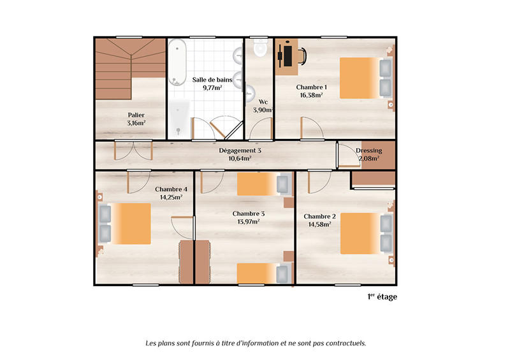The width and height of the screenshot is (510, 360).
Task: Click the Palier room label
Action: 136,115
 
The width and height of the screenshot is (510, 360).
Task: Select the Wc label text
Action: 263,101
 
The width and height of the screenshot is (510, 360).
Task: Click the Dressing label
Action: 368,150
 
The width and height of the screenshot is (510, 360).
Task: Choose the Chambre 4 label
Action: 171,189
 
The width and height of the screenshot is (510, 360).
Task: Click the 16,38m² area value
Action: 311,95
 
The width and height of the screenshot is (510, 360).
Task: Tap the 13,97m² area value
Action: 249,221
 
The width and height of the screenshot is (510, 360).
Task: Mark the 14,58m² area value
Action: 319,224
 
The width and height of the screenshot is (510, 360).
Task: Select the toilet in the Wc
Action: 260,48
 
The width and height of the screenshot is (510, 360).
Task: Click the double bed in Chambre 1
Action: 365,78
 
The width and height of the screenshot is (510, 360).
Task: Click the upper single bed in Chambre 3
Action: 263,185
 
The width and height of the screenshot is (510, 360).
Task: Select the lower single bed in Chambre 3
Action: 263,273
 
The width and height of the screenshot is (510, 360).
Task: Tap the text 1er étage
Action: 382,296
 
